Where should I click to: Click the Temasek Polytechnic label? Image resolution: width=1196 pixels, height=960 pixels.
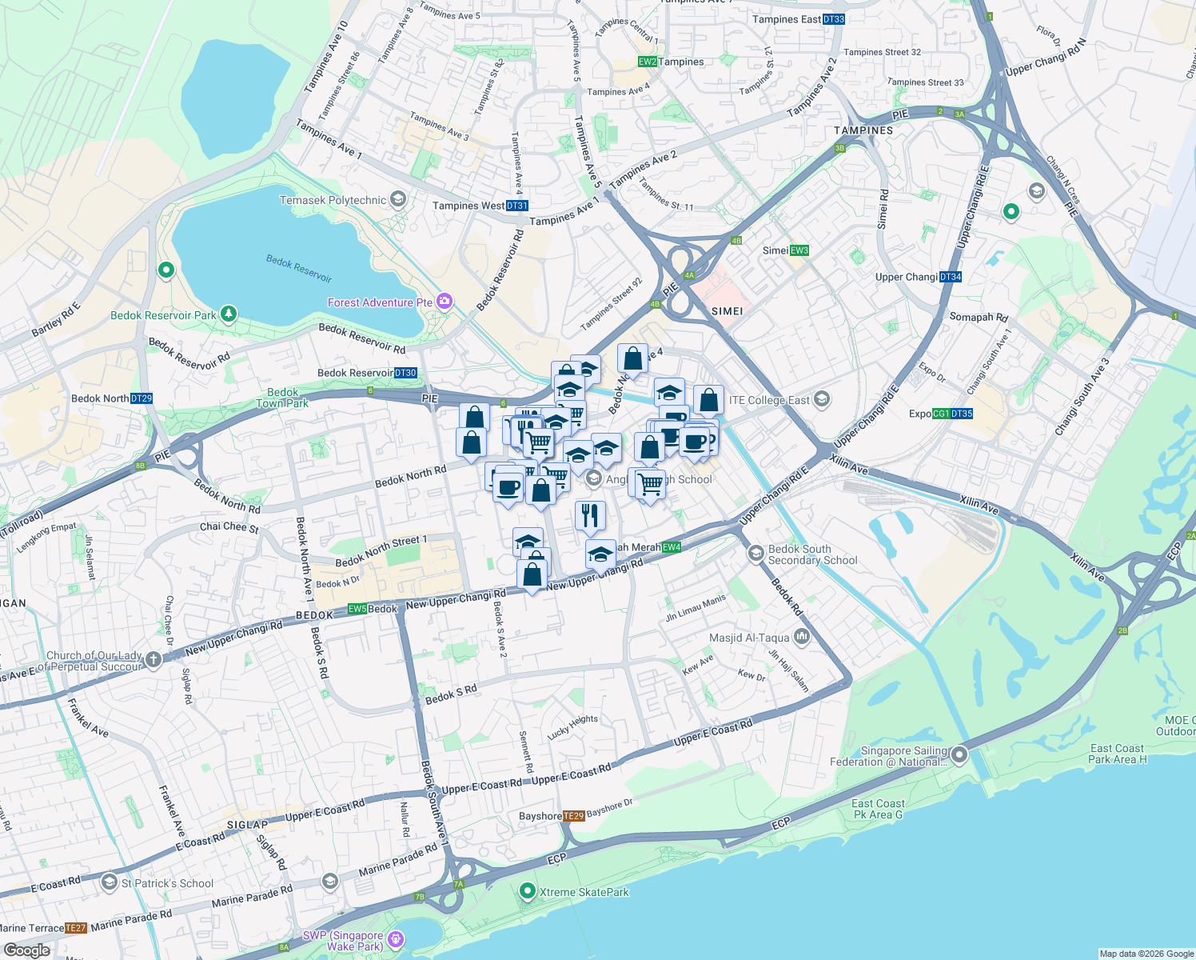click(x=333, y=200)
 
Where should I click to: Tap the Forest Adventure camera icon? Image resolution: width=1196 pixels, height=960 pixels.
click(x=445, y=302)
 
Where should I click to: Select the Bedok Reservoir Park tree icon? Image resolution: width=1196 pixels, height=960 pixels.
click(x=229, y=314)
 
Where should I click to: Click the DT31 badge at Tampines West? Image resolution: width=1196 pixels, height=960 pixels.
click(x=517, y=206)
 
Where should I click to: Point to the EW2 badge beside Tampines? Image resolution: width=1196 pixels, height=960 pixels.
click(x=647, y=62)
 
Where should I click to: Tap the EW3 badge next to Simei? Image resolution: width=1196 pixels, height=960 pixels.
click(x=799, y=250)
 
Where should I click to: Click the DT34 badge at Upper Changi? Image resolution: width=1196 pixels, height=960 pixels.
click(x=951, y=277)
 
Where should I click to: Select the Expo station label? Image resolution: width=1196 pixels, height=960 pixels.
click(x=919, y=414)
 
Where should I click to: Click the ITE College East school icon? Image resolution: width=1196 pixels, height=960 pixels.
click(x=822, y=400)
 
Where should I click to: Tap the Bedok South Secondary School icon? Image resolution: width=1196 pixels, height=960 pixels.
click(x=755, y=554)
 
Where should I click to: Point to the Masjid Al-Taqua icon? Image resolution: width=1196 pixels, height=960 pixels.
click(x=802, y=637)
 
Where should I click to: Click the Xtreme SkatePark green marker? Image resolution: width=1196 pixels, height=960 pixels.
click(x=527, y=891)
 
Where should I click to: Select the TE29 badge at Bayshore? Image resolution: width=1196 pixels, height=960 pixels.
click(x=573, y=816)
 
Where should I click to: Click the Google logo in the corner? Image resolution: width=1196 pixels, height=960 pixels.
click(x=27, y=950)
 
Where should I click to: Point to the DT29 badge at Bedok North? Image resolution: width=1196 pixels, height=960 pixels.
click(x=142, y=398)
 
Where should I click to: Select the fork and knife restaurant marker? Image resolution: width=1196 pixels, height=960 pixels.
click(x=590, y=516)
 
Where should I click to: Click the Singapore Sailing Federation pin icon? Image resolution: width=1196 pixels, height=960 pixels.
click(x=959, y=755)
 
